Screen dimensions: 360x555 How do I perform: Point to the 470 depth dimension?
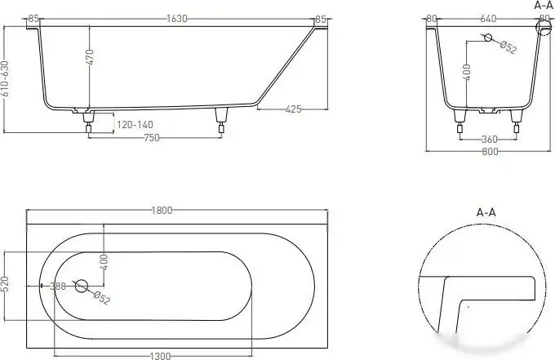click(91, 57)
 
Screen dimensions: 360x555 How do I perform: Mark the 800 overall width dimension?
click(489, 151)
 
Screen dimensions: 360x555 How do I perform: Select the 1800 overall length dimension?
click(162, 211)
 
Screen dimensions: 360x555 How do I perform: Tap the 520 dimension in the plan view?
click(7, 285)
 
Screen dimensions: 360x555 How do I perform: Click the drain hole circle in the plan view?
click(82, 286)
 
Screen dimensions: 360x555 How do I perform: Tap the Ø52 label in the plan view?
click(100, 299)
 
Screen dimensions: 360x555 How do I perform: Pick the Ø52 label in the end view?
click(508, 48)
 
